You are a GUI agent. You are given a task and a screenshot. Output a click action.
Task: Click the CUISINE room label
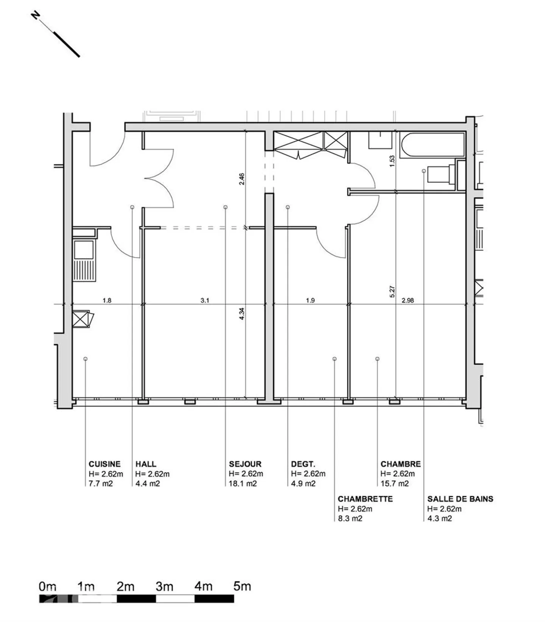104,464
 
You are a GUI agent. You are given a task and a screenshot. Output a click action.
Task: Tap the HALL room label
146,464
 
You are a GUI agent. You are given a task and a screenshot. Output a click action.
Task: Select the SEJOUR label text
245,464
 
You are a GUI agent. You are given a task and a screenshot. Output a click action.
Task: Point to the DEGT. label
303,464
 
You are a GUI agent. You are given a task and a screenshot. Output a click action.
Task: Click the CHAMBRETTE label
365,499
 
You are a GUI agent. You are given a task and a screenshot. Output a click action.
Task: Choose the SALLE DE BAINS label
460,499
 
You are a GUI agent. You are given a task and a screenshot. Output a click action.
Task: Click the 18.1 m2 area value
243,483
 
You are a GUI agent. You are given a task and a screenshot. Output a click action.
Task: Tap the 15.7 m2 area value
394,483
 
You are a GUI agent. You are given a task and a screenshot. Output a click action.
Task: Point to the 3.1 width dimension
205,301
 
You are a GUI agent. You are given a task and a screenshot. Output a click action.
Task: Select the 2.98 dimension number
408,301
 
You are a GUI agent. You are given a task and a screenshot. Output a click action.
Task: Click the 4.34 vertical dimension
242,314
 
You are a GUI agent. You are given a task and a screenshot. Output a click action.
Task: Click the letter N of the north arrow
36,16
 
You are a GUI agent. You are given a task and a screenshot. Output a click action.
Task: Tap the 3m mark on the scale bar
165,587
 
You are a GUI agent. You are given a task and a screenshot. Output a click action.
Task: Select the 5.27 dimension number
392,292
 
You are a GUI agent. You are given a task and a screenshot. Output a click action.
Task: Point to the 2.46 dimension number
242,179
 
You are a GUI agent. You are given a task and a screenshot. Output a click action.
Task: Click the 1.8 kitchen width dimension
107,301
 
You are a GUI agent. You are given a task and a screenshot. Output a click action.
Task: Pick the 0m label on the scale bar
47,587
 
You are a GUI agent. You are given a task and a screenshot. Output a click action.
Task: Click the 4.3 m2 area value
439,518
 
